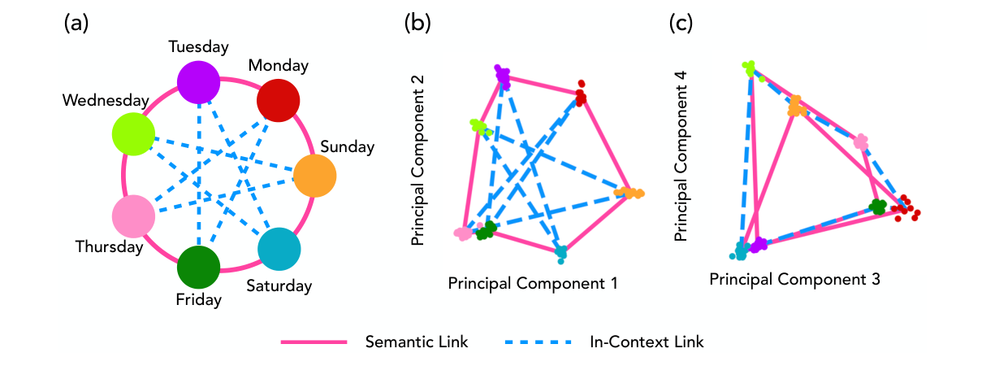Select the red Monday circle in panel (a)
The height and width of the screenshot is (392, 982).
pyautogui.click(x=279, y=100)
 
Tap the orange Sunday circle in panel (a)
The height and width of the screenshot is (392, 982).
pyautogui.click(x=314, y=176)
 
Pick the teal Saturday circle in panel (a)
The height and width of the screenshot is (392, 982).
pyautogui.click(x=279, y=249)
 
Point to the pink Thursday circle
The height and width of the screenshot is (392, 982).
pyautogui.click(x=134, y=216)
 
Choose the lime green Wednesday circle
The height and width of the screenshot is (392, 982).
pyautogui.click(x=134, y=133)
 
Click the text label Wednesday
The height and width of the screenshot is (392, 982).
pyautogui.click(x=104, y=101)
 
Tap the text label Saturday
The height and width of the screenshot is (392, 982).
pyautogui.click(x=279, y=285)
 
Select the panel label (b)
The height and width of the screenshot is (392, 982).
pyautogui.click(x=417, y=24)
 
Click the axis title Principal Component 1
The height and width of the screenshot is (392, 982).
pyautogui.click(x=533, y=284)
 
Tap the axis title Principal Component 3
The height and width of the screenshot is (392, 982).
pyautogui.click(x=795, y=279)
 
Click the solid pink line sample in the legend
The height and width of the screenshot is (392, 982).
pyautogui.click(x=314, y=342)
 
